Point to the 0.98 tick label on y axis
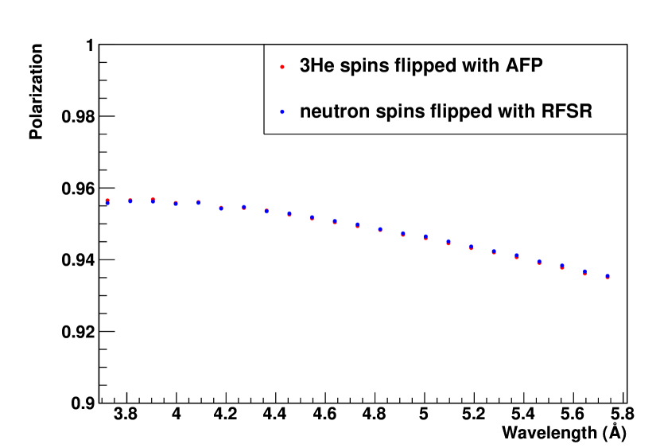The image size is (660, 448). click(x=78, y=117)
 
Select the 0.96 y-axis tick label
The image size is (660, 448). click(x=78, y=189)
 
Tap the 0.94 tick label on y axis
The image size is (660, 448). click(x=78, y=260)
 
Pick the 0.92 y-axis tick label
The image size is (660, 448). click(x=78, y=332)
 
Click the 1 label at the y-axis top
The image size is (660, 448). click(x=91, y=46)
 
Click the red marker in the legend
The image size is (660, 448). click(x=282, y=67)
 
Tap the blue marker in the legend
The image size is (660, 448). click(x=282, y=112)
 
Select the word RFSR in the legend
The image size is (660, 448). click(x=570, y=112)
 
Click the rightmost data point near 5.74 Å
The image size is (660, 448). click(x=608, y=276)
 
